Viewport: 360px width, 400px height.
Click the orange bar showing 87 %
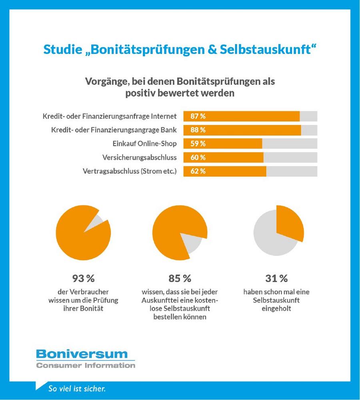tap(248, 116)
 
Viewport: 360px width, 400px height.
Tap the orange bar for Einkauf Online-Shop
tap(232, 144)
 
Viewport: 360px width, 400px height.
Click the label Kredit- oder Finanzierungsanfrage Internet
tap(110, 117)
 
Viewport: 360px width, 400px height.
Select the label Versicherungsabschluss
tap(140, 158)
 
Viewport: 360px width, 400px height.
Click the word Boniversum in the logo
tap(82, 354)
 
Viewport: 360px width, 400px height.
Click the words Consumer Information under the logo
tap(86, 365)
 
